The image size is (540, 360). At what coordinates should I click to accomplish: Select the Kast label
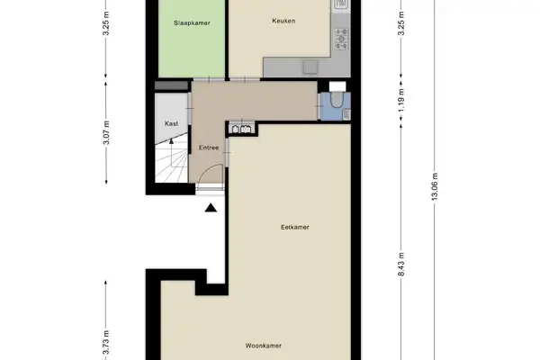pos(170,124)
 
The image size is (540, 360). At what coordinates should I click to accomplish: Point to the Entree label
pos(208,148)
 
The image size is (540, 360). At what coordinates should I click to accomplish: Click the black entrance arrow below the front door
pos(210,209)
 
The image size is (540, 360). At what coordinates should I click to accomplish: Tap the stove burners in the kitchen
pos(342,37)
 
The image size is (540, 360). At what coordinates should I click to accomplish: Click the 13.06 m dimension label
pos(436,190)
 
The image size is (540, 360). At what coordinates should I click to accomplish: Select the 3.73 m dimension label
pos(106,341)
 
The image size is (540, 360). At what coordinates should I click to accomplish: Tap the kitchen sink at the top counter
pos(342,7)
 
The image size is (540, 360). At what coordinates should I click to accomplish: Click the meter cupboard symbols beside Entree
pos(240,129)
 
